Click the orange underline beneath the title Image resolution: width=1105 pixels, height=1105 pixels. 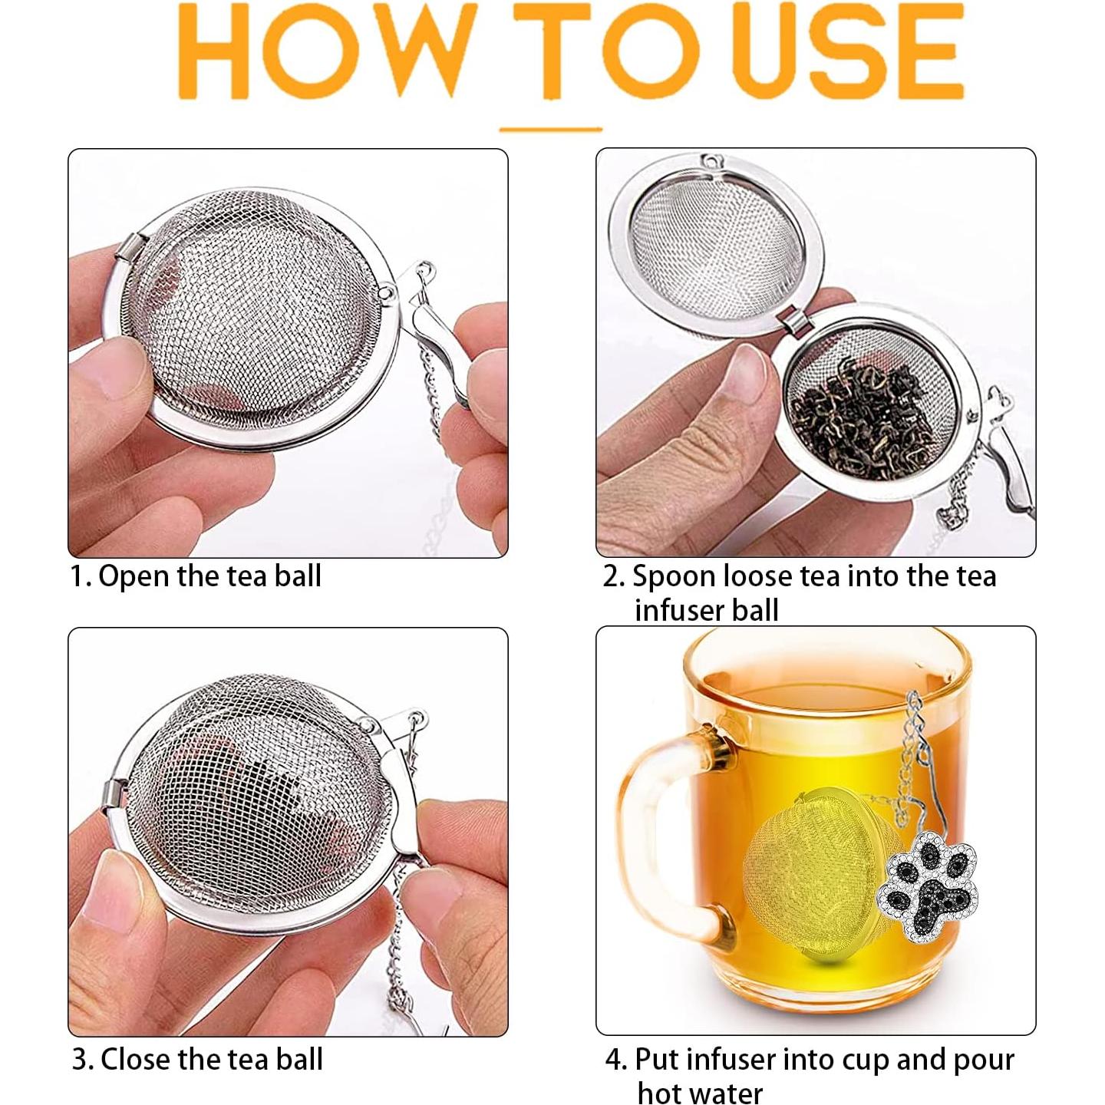551,130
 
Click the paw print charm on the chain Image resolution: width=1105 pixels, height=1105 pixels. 929,889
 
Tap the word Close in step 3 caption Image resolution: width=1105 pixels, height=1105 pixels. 137,1060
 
